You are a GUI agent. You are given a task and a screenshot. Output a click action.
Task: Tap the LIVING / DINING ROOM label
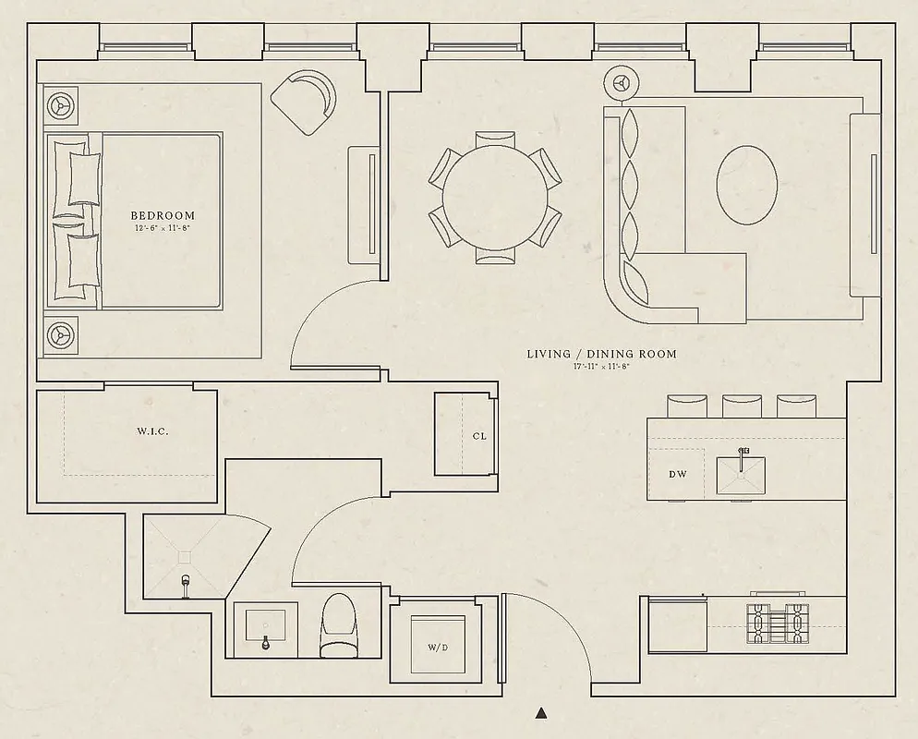coord(601,354)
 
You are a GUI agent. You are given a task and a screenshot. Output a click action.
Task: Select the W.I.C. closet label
coord(152,431)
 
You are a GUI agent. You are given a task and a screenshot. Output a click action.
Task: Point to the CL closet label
coord(478,435)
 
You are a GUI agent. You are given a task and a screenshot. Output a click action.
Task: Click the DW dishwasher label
coord(678,474)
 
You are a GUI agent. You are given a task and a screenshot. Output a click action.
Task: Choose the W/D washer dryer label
coord(438,648)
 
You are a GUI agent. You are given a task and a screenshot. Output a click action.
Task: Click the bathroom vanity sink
coord(265,628)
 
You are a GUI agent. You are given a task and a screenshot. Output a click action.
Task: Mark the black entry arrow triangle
coord(542,712)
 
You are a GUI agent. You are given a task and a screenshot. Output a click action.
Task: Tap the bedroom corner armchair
coord(304,101)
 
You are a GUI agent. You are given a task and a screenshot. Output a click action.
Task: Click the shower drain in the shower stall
coord(184,557)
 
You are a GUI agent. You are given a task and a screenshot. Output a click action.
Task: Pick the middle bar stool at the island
coord(741,406)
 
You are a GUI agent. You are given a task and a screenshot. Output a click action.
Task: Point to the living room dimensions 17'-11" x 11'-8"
coord(601,367)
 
